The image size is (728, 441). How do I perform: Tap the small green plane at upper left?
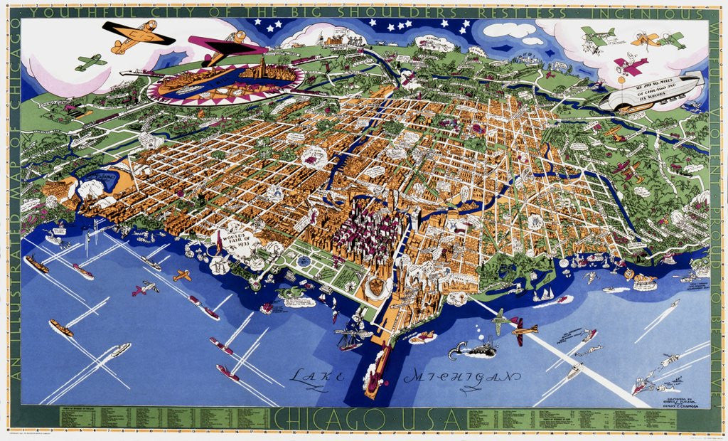pos(90,63)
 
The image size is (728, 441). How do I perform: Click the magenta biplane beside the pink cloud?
pos(631,65)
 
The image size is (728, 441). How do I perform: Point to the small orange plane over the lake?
pos(182,275)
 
